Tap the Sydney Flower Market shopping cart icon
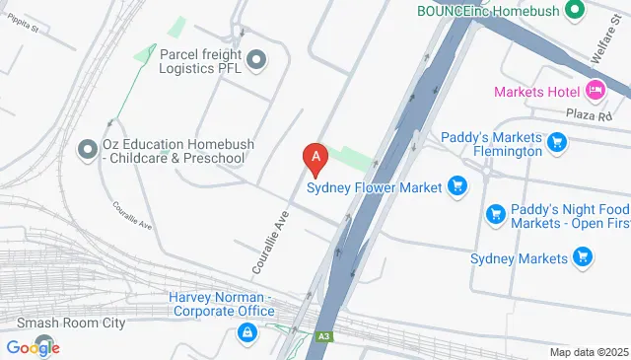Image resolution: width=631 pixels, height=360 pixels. click(456, 185)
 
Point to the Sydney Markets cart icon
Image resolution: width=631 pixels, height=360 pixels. click(583, 257)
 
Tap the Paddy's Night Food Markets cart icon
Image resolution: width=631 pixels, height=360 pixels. click(496, 213)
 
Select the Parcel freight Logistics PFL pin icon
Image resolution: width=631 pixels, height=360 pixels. click(258, 61)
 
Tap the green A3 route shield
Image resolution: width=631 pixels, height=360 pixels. click(323, 337)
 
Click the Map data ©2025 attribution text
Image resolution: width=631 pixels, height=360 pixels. click(588, 352)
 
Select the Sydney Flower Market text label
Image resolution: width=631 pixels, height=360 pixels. click(375, 186)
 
